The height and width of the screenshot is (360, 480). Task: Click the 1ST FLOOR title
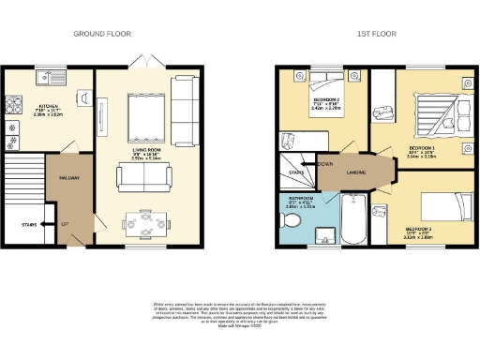coord(377,34)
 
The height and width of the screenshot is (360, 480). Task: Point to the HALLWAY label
coord(69,177)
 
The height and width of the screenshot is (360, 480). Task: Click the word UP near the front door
coord(65,224)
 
